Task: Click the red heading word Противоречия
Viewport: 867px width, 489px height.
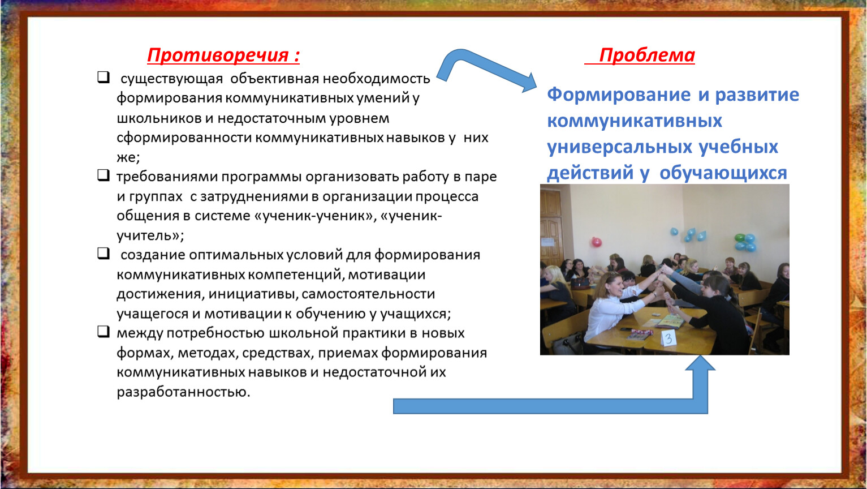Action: coord(218,55)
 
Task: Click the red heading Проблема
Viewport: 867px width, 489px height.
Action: coord(647,55)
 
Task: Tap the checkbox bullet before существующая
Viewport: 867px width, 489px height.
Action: coord(103,77)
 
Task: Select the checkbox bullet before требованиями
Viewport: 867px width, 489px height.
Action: coord(103,175)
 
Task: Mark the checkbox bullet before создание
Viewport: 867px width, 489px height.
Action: coord(103,254)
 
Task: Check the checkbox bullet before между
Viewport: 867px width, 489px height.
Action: coord(103,332)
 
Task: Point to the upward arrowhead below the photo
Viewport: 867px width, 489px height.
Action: coord(700,363)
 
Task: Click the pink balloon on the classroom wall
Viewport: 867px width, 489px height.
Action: coord(597,242)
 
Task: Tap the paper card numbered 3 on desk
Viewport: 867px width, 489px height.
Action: coord(668,338)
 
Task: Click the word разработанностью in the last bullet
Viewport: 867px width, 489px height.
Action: coord(183,392)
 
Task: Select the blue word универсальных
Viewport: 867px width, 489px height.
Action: coord(619,147)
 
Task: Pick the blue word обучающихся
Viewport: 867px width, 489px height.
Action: coord(723,173)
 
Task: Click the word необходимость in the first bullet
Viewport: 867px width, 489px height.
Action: coord(376,79)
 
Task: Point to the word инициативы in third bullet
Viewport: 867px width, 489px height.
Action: coord(253,294)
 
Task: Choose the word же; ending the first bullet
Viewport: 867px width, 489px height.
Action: coord(128,157)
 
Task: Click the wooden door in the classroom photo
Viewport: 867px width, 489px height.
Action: coord(551,233)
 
